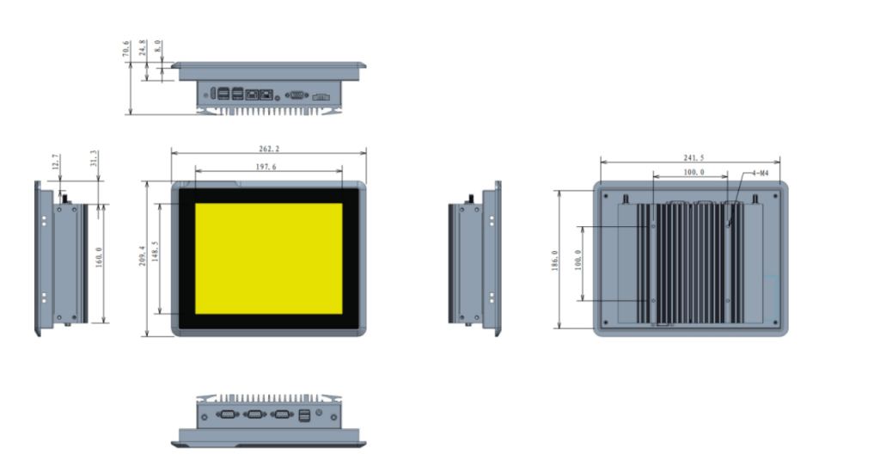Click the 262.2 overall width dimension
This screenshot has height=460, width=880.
coord(268,150)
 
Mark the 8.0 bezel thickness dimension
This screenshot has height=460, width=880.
coord(158,45)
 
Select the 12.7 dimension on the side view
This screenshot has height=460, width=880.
coord(56,162)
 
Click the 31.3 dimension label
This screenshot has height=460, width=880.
coord(93,159)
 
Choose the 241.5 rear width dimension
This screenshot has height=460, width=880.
coord(688,157)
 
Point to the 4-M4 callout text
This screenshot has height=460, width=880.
coord(759,174)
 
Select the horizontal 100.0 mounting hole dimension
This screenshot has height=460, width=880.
coord(688,173)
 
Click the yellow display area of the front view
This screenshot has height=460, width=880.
coord(268,258)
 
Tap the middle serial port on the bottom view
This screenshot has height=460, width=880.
coord(254,415)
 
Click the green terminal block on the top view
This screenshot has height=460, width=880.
coord(320,95)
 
